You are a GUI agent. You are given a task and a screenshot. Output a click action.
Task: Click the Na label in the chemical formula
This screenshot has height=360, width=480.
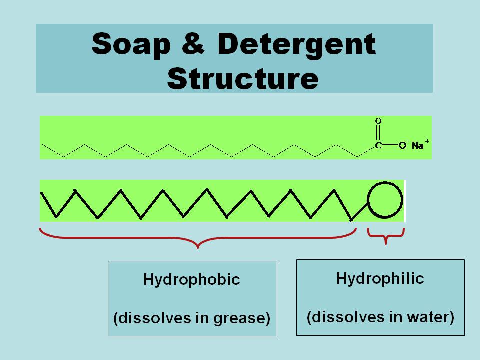(417, 146)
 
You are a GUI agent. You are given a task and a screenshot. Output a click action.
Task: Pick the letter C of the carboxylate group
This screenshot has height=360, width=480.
(378, 146)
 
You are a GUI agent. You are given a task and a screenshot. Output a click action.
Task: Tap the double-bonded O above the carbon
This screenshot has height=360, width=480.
(378, 121)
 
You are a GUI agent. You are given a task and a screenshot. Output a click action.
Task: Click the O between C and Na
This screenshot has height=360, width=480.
(402, 146)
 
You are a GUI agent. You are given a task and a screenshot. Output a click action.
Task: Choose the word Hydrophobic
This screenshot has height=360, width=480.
(192, 279)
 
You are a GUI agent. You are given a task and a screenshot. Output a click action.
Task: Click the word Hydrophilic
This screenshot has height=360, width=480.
(380, 278)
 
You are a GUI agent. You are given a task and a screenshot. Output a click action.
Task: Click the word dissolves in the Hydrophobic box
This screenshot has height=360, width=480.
(147, 318)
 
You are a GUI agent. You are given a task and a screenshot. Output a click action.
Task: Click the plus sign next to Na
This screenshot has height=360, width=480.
(427, 142)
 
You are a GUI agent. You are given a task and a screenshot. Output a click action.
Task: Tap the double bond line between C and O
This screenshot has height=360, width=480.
(378, 133)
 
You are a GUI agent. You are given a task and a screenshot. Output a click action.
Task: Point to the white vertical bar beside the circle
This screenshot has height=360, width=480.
(404, 200)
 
